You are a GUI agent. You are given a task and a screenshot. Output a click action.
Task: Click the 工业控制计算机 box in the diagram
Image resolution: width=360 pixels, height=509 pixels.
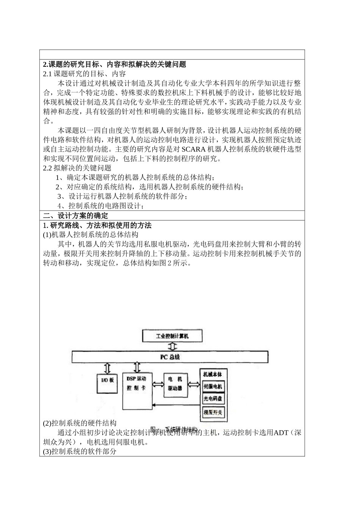point(172,336)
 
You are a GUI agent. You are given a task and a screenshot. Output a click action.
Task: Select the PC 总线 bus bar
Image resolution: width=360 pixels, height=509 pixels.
point(170,357)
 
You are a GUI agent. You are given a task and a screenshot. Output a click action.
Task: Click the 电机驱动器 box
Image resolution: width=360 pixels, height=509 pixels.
point(175,384)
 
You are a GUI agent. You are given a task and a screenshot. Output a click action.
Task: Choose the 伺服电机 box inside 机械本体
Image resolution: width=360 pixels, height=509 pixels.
point(213,387)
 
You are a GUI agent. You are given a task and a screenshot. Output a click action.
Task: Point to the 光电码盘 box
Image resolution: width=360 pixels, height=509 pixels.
point(213,399)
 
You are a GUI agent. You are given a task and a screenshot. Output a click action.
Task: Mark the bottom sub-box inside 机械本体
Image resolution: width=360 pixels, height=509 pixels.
point(213,412)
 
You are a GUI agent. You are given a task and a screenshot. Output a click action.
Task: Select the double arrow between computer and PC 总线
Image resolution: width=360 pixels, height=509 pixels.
point(173,347)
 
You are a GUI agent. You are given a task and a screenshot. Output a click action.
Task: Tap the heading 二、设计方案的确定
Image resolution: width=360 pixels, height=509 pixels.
point(75,216)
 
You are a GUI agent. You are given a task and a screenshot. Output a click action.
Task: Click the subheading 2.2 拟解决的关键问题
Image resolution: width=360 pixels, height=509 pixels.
point(77,168)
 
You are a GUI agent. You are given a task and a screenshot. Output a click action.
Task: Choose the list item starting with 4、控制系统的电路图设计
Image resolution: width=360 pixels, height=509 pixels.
point(101,206)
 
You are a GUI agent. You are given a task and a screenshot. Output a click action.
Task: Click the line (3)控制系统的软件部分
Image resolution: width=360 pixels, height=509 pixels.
point(80,451)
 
